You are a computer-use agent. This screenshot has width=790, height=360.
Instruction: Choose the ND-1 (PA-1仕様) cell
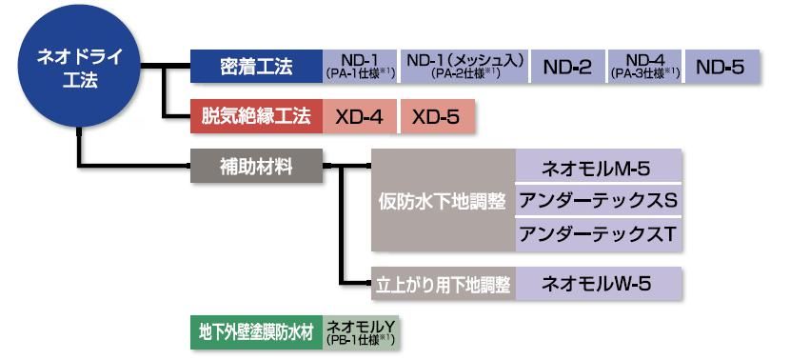[360, 67]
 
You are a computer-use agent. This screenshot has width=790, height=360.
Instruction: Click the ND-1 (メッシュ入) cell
[464, 67]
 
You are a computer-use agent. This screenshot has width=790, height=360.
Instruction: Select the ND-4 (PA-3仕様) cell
[643, 67]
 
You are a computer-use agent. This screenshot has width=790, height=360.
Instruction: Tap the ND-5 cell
[721, 67]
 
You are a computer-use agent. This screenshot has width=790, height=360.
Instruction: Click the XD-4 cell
[360, 117]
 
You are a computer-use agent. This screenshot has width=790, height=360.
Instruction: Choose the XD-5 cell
[436, 117]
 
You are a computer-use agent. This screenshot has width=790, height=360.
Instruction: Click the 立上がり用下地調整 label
[443, 284]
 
